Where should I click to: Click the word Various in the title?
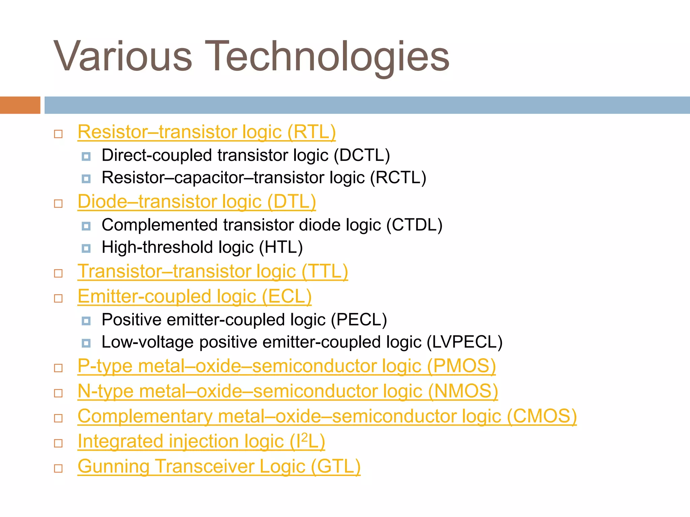(123, 57)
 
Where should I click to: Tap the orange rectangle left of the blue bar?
(20, 105)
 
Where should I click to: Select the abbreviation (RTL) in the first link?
(311, 132)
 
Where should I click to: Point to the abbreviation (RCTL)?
(398, 178)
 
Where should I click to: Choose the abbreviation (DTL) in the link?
(291, 202)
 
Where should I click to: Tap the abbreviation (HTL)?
(281, 247)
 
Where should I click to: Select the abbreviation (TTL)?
(324, 271)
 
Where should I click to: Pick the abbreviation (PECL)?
(359, 320)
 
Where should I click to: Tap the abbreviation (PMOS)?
(461, 366)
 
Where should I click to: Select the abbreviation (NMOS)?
(463, 391)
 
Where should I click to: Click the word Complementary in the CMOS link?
(145, 416)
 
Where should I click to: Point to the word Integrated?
(120, 441)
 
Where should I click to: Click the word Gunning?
(114, 467)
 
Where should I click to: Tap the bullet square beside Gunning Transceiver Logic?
(58, 469)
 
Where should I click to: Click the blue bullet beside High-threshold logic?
(86, 249)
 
